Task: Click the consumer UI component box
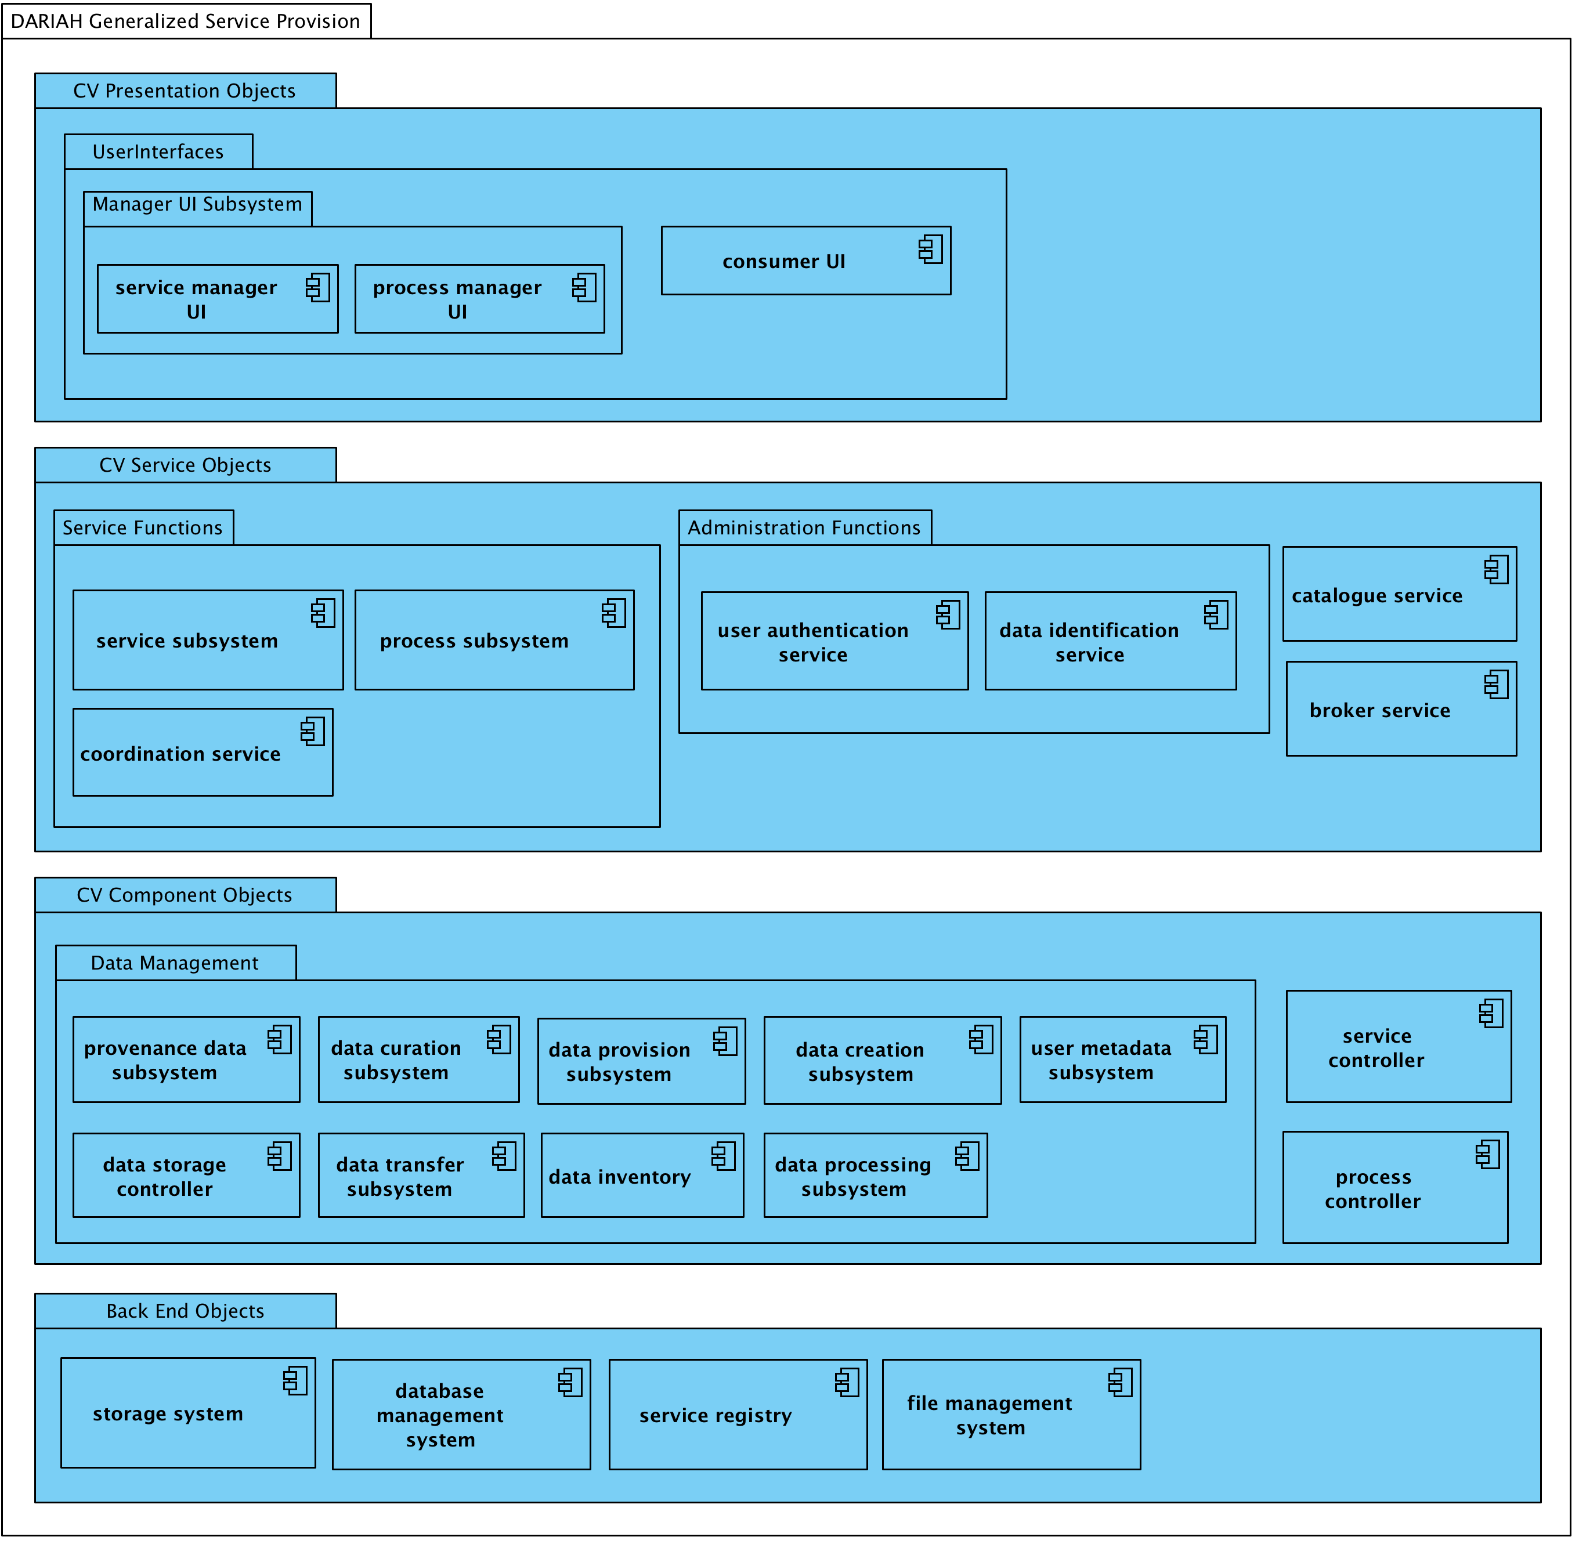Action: pos(805,261)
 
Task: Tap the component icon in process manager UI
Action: pos(584,288)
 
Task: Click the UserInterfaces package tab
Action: pos(158,151)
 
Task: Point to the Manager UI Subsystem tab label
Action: pos(197,204)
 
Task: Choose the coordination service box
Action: pos(203,753)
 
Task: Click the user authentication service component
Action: pos(834,641)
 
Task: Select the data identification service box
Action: pos(1110,641)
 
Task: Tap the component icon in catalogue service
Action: pos(1496,569)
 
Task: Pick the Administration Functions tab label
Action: pos(804,528)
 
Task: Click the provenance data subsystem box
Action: pos(186,1060)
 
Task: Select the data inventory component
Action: pos(642,1176)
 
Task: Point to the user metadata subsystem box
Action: pos(1122,1060)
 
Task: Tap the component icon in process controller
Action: pos(1487,1154)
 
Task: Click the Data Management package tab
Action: pos(175,963)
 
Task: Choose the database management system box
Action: pos(461,1415)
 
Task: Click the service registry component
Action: pos(738,1415)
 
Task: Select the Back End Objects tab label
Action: pos(186,1311)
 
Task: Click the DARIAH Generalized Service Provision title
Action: pos(186,21)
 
